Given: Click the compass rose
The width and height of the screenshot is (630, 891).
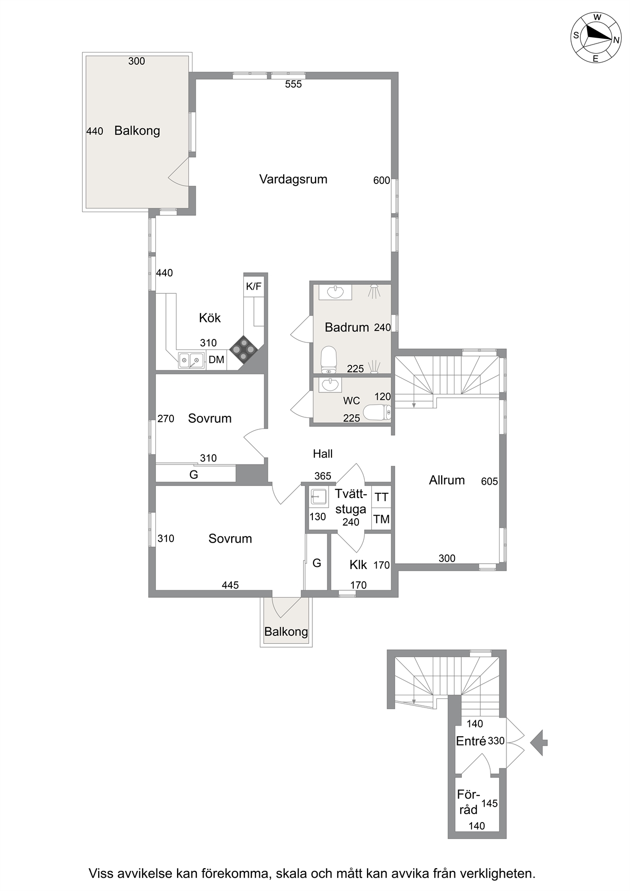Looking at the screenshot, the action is coord(596,38).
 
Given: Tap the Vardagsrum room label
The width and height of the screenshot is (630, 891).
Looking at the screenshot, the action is coord(293,179).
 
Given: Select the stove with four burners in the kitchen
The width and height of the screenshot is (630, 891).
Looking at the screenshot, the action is coord(243,349).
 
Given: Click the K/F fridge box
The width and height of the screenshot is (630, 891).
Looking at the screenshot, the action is coord(253,286).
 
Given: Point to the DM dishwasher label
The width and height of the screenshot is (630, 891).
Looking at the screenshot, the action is coord(216,360).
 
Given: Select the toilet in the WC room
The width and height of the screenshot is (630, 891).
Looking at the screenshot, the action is coord(377,413).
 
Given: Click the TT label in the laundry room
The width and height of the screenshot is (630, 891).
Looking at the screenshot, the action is coord(381,497).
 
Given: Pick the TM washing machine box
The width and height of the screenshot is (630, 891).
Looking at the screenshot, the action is coord(381,519).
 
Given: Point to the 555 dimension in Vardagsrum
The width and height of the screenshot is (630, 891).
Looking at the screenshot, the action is coord(294,84).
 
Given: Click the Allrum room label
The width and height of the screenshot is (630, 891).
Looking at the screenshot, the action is coord(447,480).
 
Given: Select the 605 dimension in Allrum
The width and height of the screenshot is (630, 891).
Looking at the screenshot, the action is coord(489,482).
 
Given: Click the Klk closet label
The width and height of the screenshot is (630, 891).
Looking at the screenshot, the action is coord(358,565).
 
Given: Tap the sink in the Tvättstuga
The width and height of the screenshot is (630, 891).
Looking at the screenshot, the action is coord(319,497).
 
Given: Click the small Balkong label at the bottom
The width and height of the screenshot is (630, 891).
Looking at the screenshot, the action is coord(286,632).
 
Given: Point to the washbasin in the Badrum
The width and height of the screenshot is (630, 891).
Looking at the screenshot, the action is coord(335,292).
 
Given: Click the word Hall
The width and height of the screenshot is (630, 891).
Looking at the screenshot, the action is coord(322,453).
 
